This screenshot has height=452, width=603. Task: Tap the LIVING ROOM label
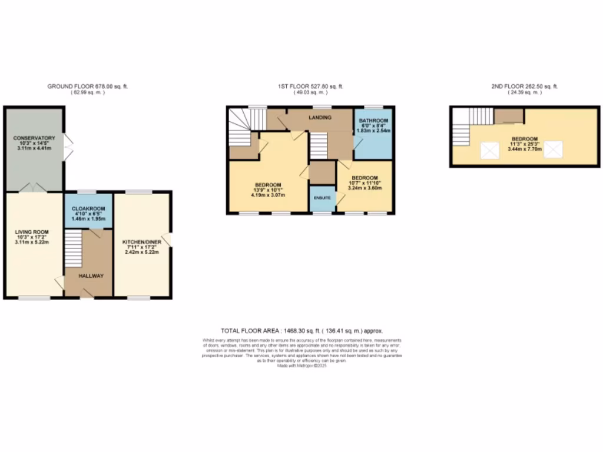point(31,232)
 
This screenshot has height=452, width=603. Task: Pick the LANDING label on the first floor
point(320,118)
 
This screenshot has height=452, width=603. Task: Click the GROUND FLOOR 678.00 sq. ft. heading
point(87,87)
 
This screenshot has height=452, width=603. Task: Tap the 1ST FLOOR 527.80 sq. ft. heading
point(311,87)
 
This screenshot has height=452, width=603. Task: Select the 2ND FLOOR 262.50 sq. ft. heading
point(524,87)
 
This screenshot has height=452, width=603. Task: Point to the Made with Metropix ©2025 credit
point(301,365)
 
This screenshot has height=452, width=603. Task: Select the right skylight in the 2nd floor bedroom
point(553,151)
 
